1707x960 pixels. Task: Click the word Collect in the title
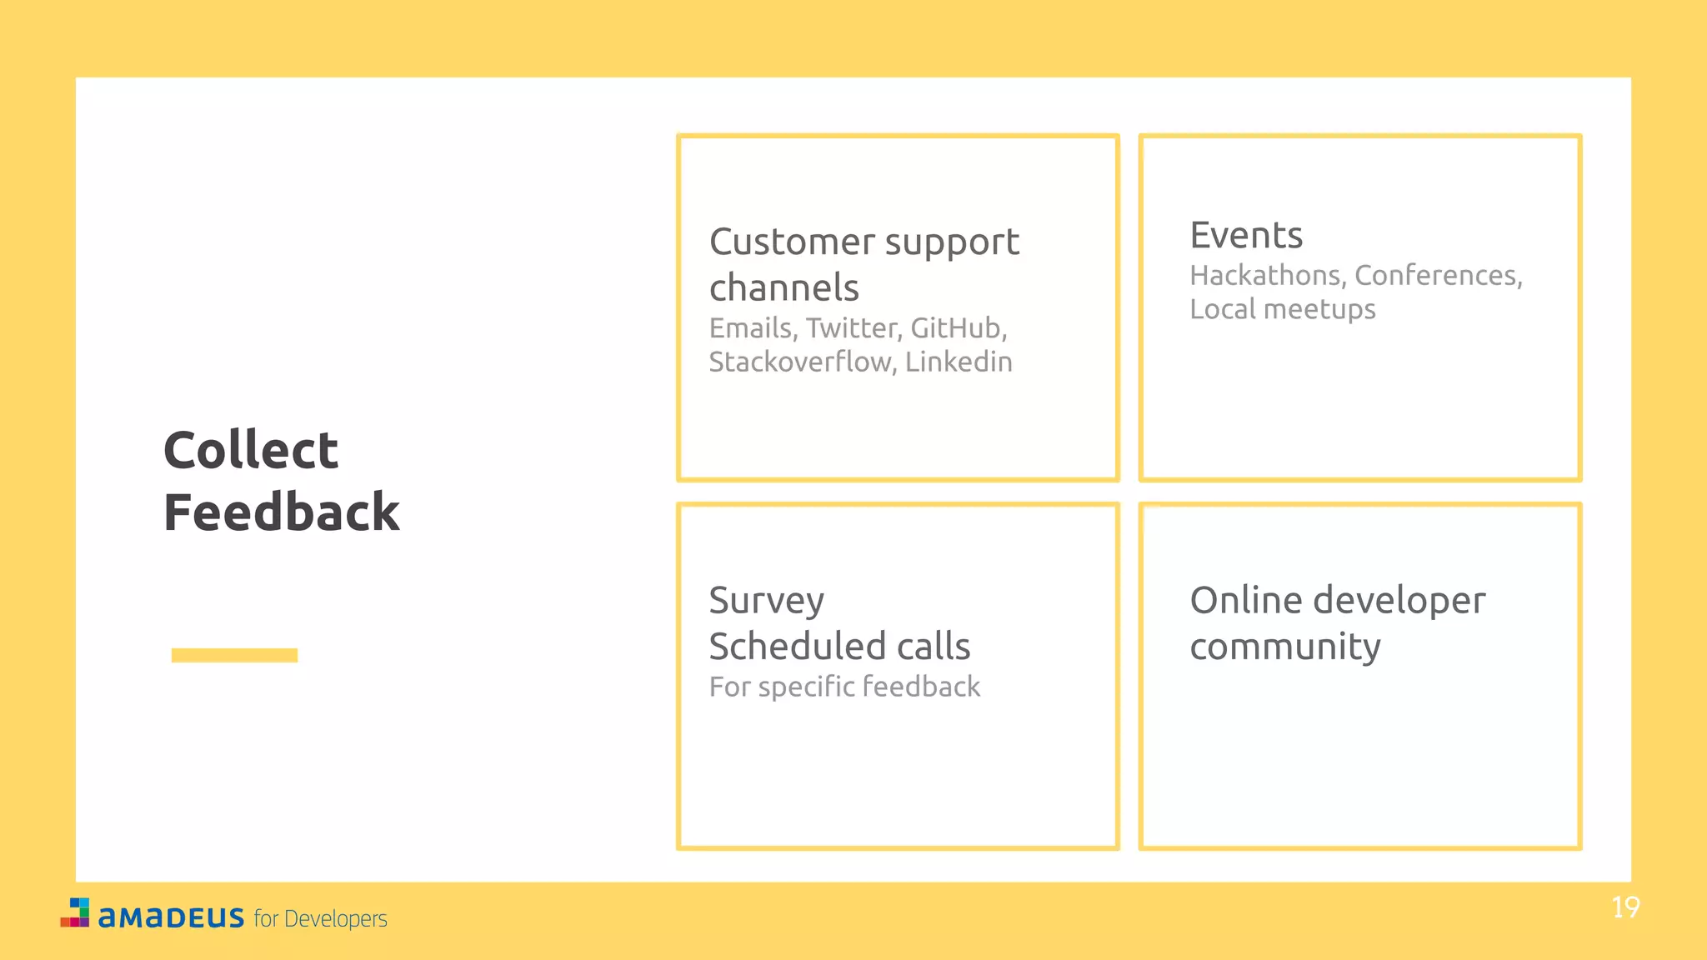pos(250,451)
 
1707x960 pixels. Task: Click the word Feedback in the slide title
pos(281,512)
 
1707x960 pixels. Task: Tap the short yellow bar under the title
pos(234,655)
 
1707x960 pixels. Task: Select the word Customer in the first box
pos(792,242)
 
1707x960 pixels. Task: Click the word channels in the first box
pos(783,288)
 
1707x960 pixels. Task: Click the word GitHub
pos(958,328)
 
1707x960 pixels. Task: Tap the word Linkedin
pos(959,362)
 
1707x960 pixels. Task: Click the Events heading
pos(1246,236)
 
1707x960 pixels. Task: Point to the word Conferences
pos(1438,276)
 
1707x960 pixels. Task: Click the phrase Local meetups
pos(1282,310)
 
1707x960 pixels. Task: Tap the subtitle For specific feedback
pos(844,687)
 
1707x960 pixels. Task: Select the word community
pos(1284,647)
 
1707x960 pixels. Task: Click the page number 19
pos(1625,907)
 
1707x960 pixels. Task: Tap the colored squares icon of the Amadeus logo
pos(76,912)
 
